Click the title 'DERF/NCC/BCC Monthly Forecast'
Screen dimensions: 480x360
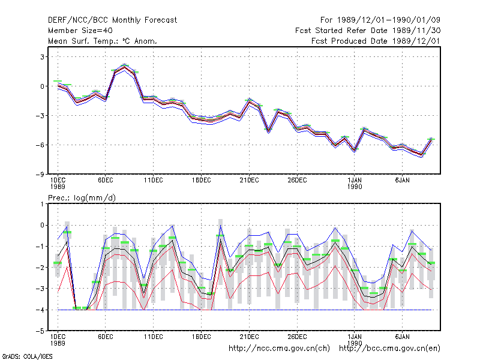pos(112,20)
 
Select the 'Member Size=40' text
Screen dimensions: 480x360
pos(80,31)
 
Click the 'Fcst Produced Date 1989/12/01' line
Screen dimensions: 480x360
pos(376,41)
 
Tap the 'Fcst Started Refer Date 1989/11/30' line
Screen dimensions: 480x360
pos(368,31)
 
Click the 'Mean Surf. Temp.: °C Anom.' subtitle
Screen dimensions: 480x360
pos(103,41)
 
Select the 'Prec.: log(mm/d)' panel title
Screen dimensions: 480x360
pos(82,198)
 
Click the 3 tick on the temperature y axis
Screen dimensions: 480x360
pos(42,57)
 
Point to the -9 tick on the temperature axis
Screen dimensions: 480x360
pos(40,174)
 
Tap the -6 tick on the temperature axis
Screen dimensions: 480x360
pos(40,145)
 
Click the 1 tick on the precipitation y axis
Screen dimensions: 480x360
pos(42,204)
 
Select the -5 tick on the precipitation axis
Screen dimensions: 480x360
pos(40,331)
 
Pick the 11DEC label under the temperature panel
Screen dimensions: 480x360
pos(154,181)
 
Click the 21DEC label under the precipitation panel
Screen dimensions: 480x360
pos(249,337)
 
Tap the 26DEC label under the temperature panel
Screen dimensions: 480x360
pos(297,181)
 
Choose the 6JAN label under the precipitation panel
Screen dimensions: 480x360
pos(402,337)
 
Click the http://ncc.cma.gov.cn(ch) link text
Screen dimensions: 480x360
pos(279,349)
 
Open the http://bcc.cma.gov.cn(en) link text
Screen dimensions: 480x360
pos(389,349)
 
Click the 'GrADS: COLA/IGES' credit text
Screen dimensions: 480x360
pos(27,356)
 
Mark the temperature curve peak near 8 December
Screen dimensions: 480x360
pos(124,67)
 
